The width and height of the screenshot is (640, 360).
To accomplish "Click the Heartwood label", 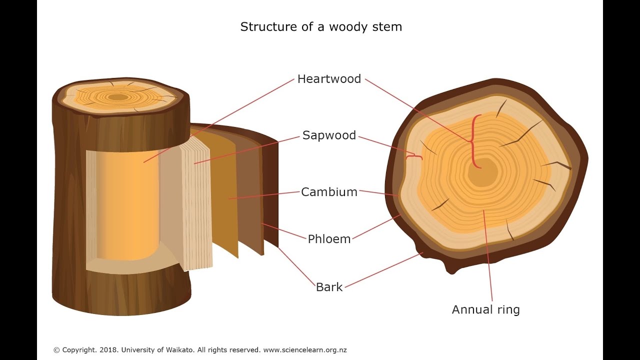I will click(329, 79).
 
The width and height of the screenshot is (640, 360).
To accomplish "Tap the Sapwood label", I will click(329, 135).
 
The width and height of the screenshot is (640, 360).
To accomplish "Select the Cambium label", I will click(329, 192).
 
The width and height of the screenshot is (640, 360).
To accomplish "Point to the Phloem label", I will click(329, 239).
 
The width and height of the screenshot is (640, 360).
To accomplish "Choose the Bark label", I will click(329, 287).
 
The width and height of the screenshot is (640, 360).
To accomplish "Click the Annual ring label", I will click(485, 309).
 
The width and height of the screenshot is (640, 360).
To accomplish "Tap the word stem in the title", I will click(387, 27).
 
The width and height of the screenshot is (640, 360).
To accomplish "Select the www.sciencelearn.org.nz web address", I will click(304, 350).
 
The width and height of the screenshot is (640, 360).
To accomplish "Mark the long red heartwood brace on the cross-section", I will click(473, 141).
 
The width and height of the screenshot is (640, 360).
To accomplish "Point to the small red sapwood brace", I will click(414, 157).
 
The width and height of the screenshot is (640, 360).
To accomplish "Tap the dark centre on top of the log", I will click(118, 97).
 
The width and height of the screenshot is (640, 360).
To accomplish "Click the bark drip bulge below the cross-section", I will click(452, 268).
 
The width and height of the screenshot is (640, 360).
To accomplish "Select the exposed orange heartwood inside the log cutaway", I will click(127, 205).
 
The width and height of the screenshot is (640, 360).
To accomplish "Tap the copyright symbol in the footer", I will click(56, 350).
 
